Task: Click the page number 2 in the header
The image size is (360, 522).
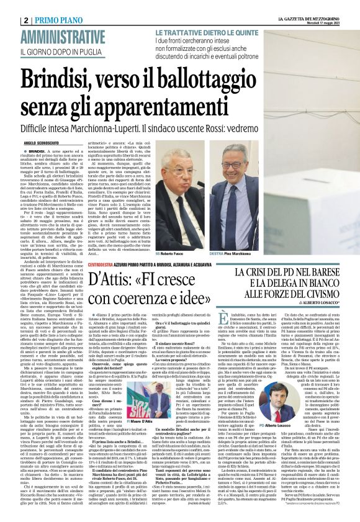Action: coord(9,20)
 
